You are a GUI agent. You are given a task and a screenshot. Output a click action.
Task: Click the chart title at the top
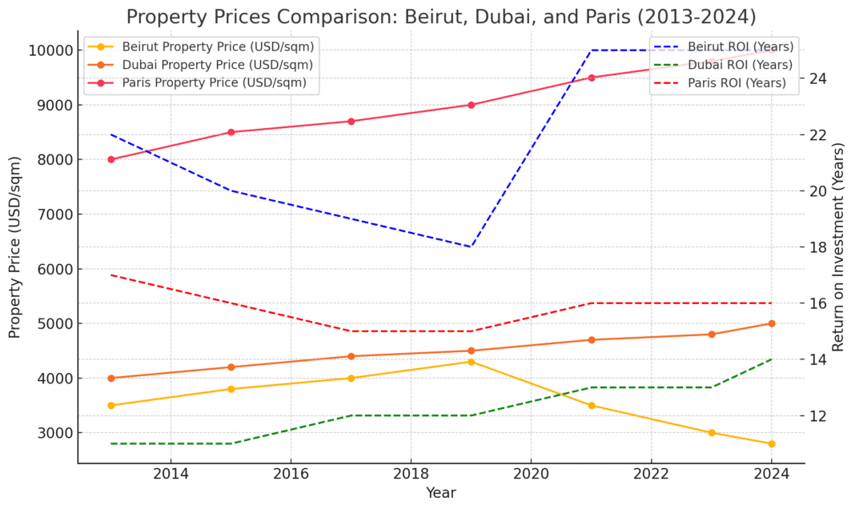point(441,17)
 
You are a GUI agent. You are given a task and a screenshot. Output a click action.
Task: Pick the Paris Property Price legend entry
point(214,83)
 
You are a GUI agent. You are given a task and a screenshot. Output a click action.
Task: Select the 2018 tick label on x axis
point(411,474)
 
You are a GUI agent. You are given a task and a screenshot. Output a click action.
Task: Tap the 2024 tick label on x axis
point(772,474)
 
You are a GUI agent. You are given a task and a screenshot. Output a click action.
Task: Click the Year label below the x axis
point(441,493)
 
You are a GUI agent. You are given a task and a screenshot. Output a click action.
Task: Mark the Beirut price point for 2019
point(472,362)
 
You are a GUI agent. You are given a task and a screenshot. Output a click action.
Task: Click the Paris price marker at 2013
point(111,159)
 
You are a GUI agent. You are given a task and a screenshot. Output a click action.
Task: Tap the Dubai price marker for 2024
point(772,323)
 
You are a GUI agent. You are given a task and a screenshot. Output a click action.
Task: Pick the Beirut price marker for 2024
point(772,443)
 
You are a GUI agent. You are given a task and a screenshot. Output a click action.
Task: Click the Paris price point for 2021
point(592,78)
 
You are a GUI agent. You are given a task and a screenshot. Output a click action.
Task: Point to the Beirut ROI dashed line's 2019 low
point(472,246)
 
